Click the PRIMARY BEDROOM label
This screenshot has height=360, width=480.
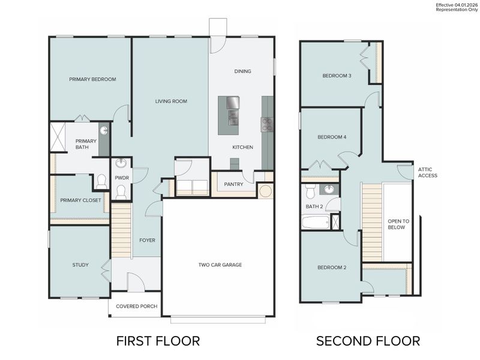point(92,79)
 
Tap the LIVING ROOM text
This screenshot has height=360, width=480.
point(171,101)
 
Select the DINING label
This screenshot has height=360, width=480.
point(242,71)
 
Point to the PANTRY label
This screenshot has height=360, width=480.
point(233,184)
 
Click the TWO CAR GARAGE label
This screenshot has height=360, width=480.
point(221,265)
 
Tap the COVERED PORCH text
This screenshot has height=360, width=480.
point(137,307)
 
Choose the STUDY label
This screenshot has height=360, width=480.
point(80,265)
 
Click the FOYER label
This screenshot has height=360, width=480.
point(147,240)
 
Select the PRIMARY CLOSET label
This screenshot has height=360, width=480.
point(80,200)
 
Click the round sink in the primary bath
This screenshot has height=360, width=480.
point(104,130)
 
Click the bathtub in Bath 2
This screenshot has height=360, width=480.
point(315,223)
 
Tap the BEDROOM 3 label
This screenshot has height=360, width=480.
point(337,76)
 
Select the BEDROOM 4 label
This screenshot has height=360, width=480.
point(332,137)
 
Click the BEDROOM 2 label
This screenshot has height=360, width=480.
point(332,268)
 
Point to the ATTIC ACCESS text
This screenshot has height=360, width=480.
point(428,173)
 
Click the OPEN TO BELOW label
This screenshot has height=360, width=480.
point(397,224)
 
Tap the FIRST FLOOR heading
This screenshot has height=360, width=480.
point(158,341)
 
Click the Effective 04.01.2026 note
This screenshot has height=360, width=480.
point(455,5)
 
